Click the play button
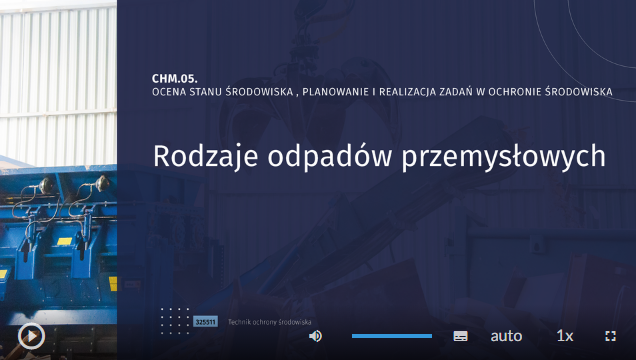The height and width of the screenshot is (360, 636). tap(31, 335)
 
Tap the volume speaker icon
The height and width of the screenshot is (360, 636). tap(315, 336)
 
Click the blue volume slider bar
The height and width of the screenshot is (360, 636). tap(391, 336)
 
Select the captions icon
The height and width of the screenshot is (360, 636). tap(460, 336)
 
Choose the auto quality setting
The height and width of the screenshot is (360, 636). tap(506, 336)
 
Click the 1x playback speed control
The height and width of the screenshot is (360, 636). tap(565, 336)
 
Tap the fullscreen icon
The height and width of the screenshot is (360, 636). tap(611, 336)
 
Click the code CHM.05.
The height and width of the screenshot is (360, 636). tap(175, 77)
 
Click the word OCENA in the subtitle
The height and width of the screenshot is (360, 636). tap(169, 92)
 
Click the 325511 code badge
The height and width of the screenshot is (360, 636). tap(205, 322)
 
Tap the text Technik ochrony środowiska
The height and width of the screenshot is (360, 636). tap(270, 322)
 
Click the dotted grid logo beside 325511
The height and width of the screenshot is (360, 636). tap(175, 320)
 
